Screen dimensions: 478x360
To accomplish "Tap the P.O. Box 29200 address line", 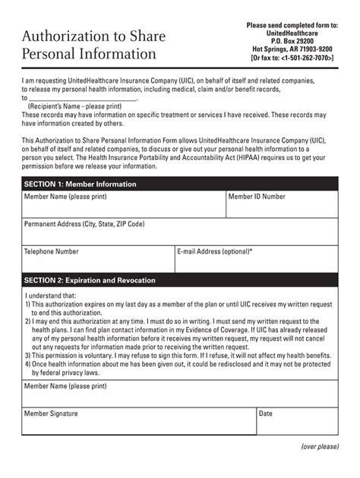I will point(292,42).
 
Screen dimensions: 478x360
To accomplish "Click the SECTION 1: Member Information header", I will point(81,184).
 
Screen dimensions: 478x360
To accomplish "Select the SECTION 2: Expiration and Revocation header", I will point(90,280).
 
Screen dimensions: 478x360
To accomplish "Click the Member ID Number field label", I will point(257,197).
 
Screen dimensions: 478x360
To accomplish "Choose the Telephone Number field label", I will point(52,250).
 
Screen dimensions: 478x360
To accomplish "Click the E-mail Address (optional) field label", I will point(215,250).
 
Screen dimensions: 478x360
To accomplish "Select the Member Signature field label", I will point(52,414).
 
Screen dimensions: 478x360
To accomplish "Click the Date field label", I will point(266,414).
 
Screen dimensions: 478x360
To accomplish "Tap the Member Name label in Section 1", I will point(57,197).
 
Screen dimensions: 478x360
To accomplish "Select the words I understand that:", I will point(50,296).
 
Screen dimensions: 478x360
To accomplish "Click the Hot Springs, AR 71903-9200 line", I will point(292,51).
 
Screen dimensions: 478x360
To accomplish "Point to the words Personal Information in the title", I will point(90,55).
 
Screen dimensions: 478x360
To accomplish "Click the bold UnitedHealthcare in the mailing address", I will point(292,34).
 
